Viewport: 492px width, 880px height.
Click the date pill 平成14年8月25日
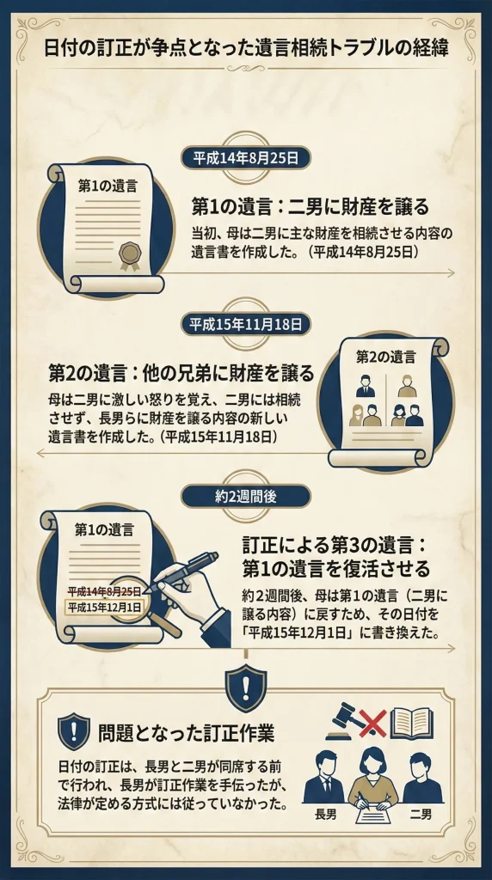[245, 158]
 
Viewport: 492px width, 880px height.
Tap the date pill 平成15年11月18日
[245, 324]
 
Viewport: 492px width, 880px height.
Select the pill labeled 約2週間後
[245, 496]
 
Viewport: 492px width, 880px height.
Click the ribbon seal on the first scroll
[129, 256]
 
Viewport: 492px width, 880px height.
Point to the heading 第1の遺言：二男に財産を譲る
[310, 207]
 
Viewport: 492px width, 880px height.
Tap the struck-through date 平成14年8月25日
[104, 591]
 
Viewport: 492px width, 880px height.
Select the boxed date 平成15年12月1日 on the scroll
[104, 608]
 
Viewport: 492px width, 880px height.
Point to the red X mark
[373, 724]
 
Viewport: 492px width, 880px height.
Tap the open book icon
[412, 724]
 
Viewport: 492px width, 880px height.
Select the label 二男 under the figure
[421, 815]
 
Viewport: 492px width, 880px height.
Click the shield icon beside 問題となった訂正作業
[74, 731]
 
